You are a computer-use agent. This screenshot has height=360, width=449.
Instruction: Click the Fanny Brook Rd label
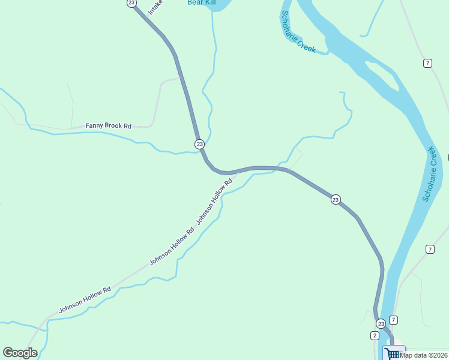[108, 126]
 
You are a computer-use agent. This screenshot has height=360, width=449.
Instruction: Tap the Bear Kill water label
[200, 2]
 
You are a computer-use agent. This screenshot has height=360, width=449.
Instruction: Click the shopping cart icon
[393, 353]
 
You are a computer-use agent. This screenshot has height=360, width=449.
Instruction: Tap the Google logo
[20, 353]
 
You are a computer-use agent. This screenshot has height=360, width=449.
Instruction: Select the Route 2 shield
[375, 335]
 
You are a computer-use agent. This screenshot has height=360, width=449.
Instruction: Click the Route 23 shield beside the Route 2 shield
[381, 323]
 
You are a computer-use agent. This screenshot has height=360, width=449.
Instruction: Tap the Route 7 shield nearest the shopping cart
[393, 320]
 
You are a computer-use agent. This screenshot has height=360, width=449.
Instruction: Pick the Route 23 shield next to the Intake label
[131, 3]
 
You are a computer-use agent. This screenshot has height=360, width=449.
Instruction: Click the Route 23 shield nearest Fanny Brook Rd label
[199, 144]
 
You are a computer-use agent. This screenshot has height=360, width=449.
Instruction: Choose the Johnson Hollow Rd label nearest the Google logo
[85, 300]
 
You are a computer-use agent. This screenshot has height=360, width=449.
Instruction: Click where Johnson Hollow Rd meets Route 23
[238, 172]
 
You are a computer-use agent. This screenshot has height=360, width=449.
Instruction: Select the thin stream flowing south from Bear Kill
[213, 54]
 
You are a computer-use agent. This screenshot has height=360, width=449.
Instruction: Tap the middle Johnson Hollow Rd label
[172, 247]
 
